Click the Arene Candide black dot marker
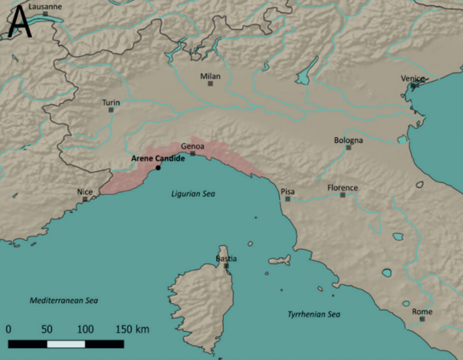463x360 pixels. [x=158, y=168]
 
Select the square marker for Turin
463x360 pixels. [x=111, y=110]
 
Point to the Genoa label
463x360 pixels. [x=192, y=146]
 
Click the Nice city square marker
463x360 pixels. [x=85, y=199]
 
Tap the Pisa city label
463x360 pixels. [x=288, y=191]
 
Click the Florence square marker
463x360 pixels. [x=342, y=195]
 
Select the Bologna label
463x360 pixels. [x=348, y=140]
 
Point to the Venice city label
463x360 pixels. [x=413, y=78]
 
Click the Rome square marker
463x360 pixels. [x=422, y=320]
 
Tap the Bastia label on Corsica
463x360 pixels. [x=226, y=259]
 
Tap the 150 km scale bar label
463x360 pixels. [x=132, y=329]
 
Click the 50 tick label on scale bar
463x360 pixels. [x=47, y=329]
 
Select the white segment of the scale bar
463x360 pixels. [x=66, y=344]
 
